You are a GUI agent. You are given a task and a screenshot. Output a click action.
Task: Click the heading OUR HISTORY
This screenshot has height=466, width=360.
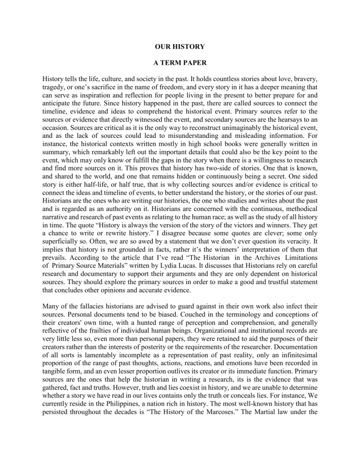(x=180, y=47)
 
